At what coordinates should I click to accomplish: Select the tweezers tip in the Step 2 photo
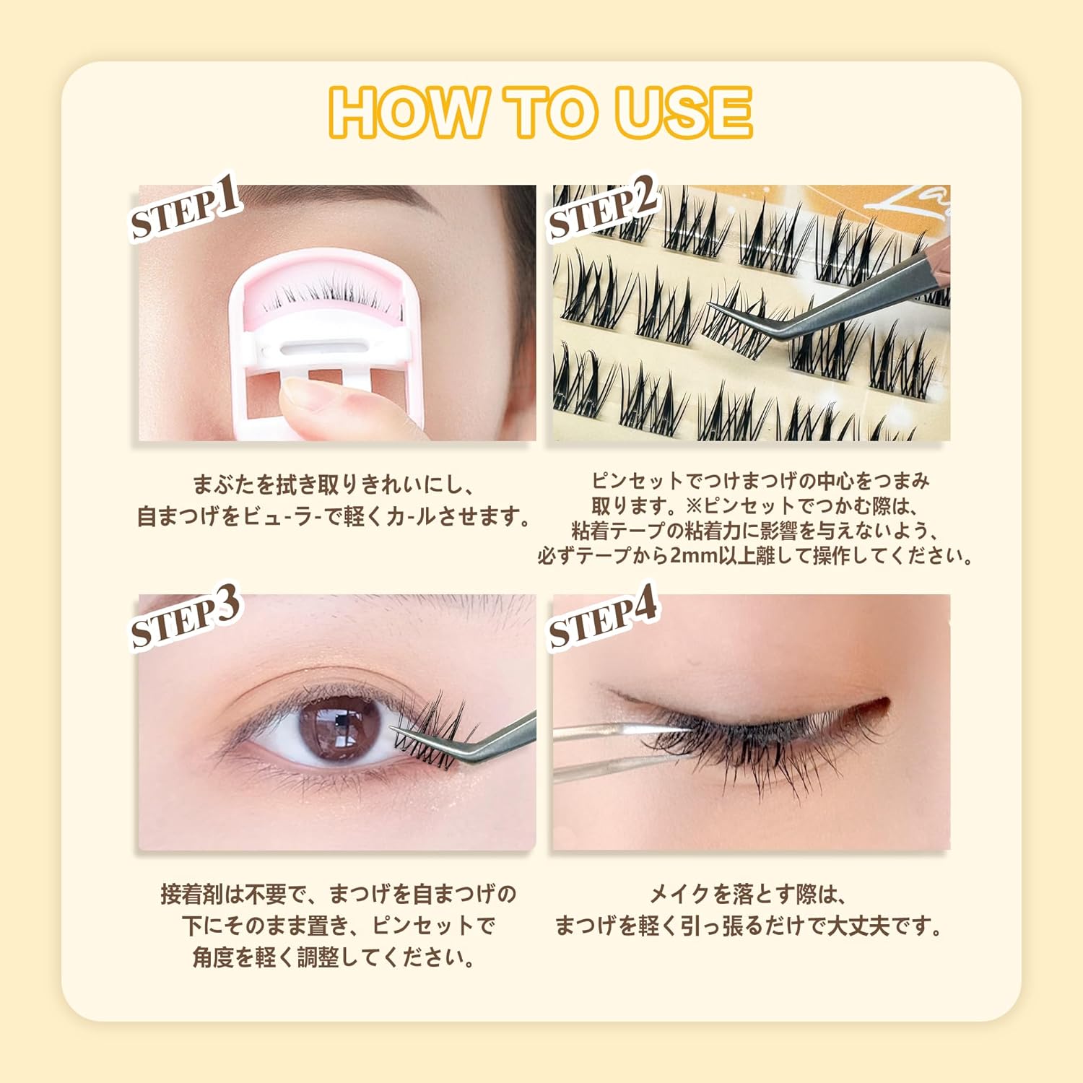(x=715, y=306)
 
